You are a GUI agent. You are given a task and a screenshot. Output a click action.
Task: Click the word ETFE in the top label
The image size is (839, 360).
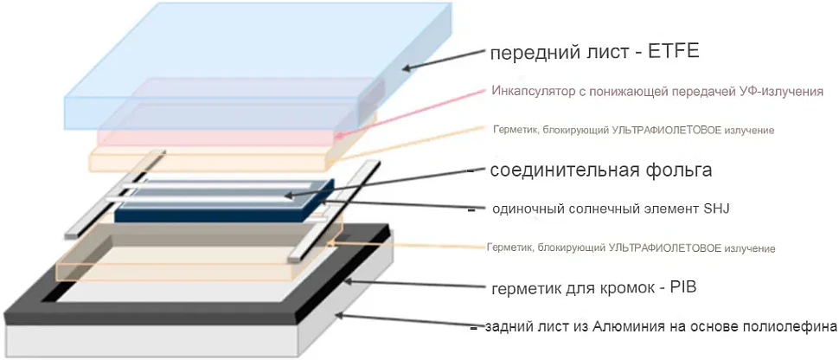(x=674, y=52)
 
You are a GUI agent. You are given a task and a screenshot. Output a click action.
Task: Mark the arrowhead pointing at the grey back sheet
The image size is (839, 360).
(x=339, y=316)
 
